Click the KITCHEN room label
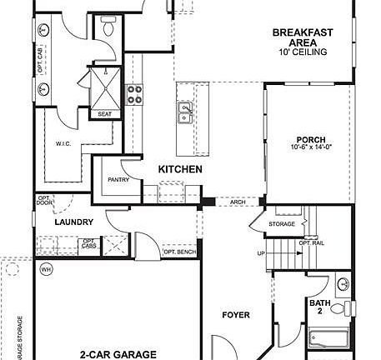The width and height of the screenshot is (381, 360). click(x=181, y=169)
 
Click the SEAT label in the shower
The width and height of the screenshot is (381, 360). click(x=106, y=114)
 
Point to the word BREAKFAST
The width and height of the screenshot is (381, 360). click(x=303, y=33)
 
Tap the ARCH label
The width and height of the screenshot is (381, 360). click(x=236, y=201)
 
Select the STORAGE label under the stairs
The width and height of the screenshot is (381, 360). click(x=282, y=224)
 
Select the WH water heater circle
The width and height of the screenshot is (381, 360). click(x=45, y=269)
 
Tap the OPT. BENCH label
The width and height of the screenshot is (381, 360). click(x=178, y=251)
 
